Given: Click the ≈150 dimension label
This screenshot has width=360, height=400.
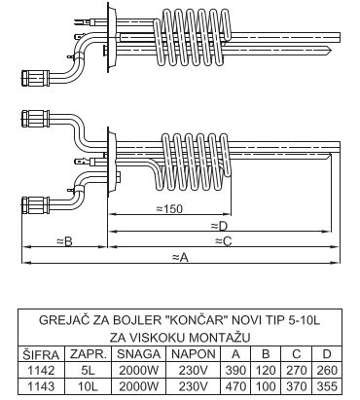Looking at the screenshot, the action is click(x=169, y=209).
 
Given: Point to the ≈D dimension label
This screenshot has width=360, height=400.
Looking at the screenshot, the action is click(x=219, y=226).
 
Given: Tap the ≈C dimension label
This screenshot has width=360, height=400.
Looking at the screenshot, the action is click(x=224, y=241).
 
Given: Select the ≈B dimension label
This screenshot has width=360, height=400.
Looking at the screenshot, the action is click(x=64, y=241).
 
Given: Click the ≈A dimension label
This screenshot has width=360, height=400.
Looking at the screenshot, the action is click(x=180, y=258).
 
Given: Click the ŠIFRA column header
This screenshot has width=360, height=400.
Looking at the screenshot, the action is click(x=41, y=354).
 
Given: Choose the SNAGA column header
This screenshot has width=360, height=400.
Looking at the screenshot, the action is click(x=138, y=354).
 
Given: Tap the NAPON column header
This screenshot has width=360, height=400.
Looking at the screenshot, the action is click(x=194, y=354).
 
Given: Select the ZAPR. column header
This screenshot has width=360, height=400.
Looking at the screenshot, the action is click(x=89, y=354).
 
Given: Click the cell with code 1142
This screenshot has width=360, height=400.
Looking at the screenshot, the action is click(x=41, y=370).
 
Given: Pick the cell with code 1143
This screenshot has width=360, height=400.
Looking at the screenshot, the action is click(x=41, y=386).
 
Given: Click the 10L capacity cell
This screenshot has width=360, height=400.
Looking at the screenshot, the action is click(x=88, y=386).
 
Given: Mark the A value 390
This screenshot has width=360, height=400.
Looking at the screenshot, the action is click(x=235, y=370).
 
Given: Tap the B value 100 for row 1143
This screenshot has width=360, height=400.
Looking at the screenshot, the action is click(x=266, y=386).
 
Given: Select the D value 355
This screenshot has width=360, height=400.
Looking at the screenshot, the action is click(x=326, y=386).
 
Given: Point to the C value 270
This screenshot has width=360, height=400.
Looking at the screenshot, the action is click(x=297, y=370).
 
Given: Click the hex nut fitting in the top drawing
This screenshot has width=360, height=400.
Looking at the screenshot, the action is click(x=36, y=78).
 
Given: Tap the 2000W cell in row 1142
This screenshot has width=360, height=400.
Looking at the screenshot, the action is click(x=138, y=370).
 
